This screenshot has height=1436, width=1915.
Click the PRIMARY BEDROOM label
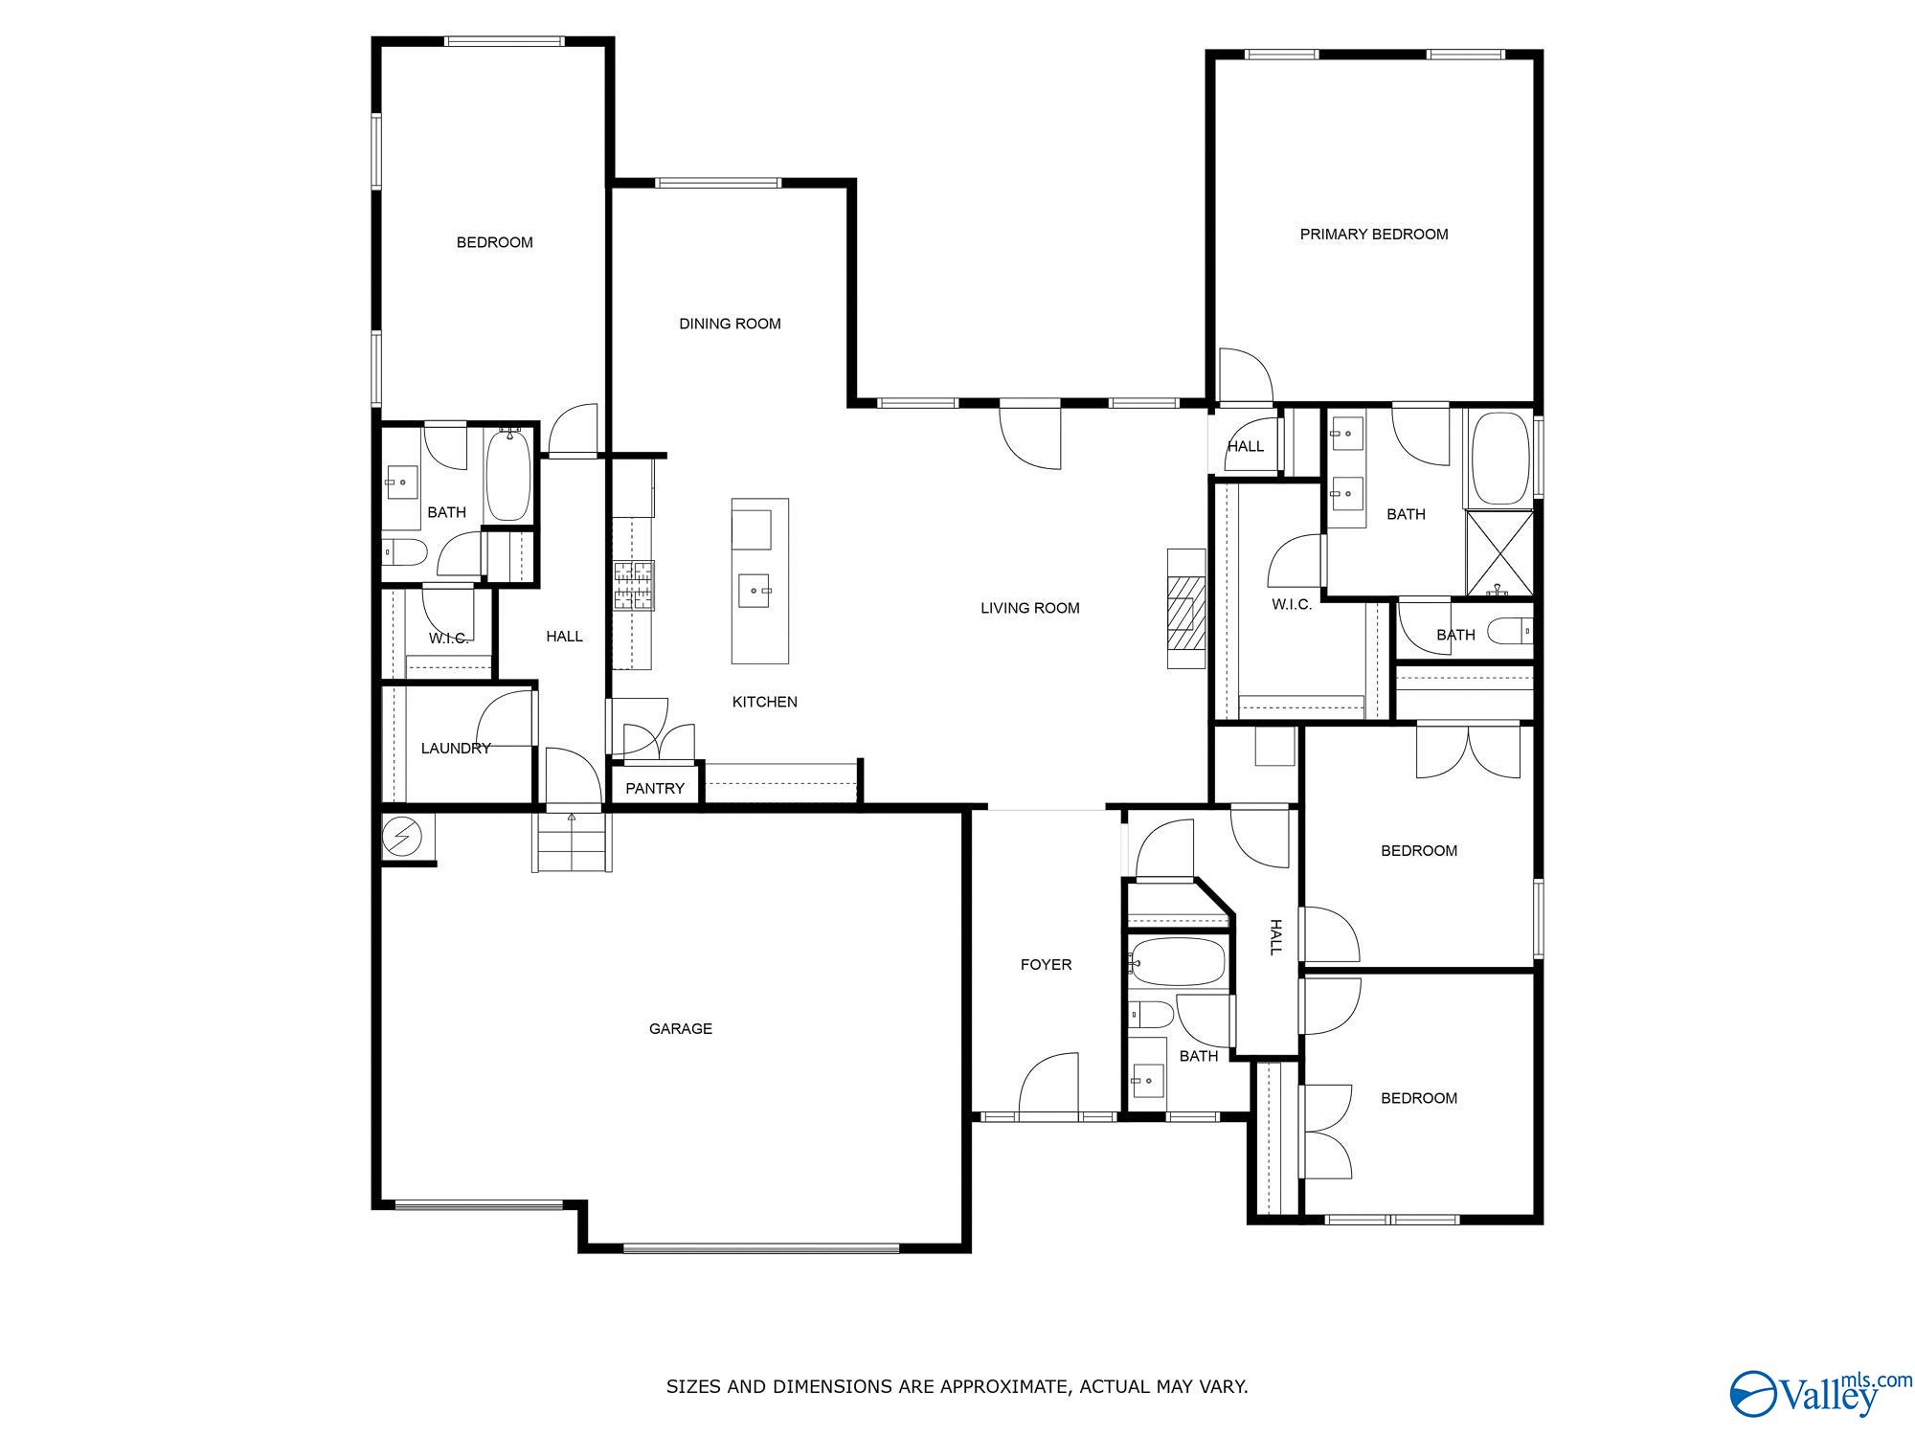click(1373, 235)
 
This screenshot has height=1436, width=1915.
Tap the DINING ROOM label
click(730, 324)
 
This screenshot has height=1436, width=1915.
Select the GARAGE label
click(680, 1029)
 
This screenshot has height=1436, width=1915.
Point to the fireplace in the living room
click(1185, 609)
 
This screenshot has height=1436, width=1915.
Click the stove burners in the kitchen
click(633, 585)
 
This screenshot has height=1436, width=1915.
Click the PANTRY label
click(655, 789)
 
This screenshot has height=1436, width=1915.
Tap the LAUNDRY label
click(455, 749)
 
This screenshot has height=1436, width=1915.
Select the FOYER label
click(1046, 965)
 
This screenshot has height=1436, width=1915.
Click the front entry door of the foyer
click(1048, 1089)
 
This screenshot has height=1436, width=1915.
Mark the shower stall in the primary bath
click(1499, 553)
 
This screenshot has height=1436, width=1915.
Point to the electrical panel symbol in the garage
click(402, 838)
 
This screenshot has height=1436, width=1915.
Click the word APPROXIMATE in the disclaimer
click(1005, 1386)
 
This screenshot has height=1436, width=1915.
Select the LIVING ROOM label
click(1029, 608)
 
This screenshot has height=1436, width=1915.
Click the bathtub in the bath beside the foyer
click(1178, 961)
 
